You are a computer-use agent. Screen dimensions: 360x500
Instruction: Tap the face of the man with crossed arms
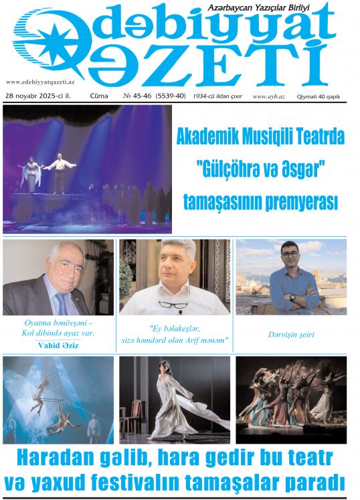pos(288,257)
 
